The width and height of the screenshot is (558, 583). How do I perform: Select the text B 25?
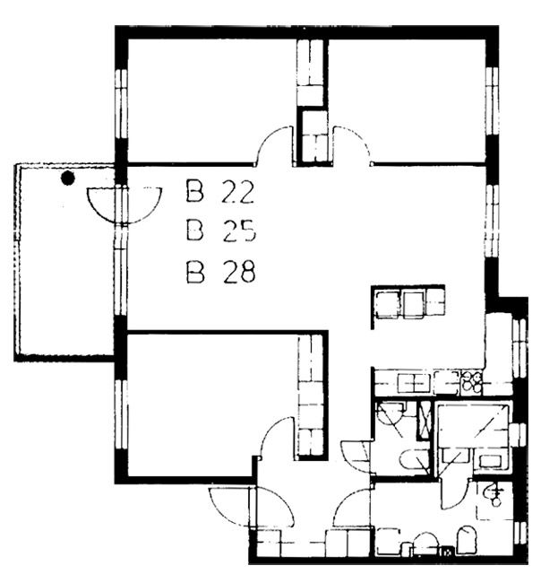click(221, 231)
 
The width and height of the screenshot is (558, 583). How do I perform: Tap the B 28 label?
click(220, 272)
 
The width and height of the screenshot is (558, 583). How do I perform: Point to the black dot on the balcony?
click(67, 178)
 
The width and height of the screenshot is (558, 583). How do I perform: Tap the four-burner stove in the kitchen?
click(471, 383)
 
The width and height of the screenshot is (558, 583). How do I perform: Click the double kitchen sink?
click(414, 383)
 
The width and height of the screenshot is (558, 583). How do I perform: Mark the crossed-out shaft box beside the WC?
click(423, 420)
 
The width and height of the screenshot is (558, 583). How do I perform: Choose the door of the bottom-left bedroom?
click(278, 437)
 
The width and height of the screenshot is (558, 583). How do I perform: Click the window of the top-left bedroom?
click(121, 104)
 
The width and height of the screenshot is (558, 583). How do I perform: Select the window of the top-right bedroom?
click(493, 101)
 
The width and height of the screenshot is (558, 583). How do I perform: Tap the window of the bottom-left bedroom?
click(121, 415)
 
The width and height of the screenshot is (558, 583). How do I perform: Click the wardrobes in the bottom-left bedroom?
click(311, 395)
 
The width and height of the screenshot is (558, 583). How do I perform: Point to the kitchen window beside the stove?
click(519, 348)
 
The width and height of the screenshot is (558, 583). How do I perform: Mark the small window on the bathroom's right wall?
click(519, 434)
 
